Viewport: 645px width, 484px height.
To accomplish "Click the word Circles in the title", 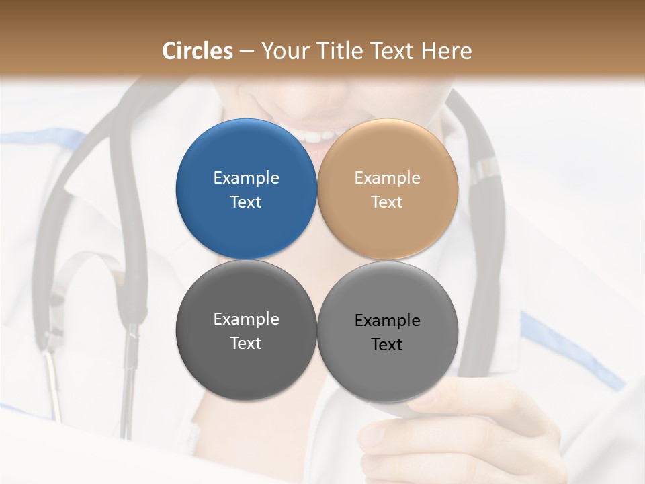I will (198, 51).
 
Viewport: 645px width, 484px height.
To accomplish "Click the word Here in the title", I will (446, 51).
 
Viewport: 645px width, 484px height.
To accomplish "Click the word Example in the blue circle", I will (246, 178).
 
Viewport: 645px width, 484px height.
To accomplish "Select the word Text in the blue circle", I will (246, 202).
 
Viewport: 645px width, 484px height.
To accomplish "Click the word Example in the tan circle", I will (387, 178).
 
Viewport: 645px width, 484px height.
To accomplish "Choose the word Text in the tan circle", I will (387, 202).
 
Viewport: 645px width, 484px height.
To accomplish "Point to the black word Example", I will (387, 321).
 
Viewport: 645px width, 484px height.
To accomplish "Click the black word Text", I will (387, 345).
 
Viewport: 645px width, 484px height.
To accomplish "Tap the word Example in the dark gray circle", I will (246, 319).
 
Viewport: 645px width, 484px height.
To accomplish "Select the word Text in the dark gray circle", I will (246, 344).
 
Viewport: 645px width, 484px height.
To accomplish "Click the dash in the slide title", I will (247, 52).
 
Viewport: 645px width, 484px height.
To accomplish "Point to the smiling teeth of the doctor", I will (314, 134).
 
